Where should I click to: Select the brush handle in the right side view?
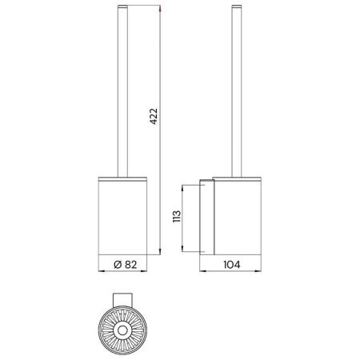[x=235, y=88]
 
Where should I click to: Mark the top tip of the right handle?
[x=235, y=8]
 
